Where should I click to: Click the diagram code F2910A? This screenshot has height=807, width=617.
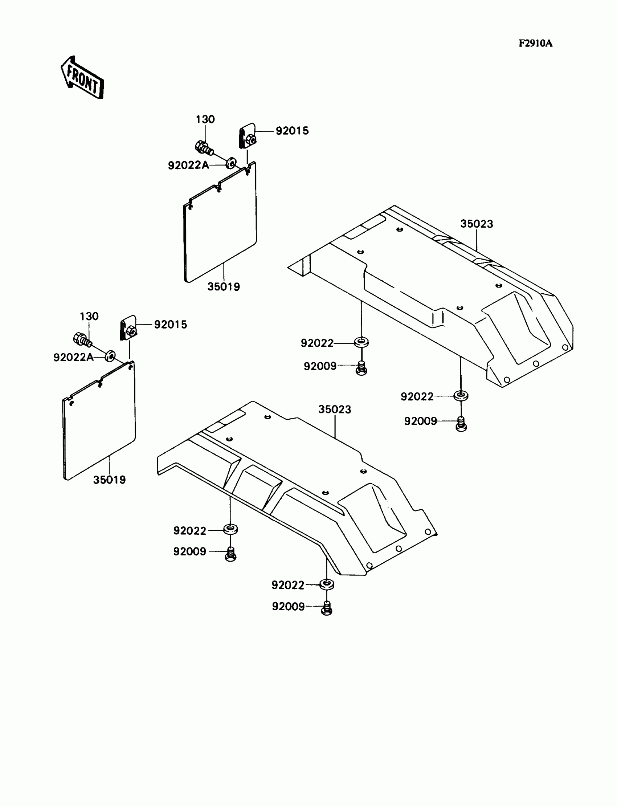535,44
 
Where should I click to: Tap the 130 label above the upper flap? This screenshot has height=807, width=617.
205,119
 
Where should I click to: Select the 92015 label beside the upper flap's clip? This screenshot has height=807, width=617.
292,131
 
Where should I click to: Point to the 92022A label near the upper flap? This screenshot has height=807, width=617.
188,165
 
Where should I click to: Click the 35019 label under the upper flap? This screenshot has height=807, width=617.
223,286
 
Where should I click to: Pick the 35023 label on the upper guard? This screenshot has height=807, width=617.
476,224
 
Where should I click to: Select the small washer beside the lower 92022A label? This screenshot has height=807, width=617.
110,355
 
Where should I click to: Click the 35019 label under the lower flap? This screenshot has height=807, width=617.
109,480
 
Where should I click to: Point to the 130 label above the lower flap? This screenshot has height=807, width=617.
89,316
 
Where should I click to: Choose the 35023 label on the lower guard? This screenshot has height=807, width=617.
334,409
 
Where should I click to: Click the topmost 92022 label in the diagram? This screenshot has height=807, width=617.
317,343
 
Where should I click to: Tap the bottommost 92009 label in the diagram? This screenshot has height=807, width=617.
288,606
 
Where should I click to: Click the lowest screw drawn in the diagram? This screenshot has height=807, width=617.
327,608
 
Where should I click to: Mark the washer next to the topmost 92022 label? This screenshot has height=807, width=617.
361,342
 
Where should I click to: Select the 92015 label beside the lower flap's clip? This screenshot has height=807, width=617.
171,325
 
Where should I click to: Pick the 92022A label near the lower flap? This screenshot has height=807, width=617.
73,357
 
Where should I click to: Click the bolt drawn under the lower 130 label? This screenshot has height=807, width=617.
83,339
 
